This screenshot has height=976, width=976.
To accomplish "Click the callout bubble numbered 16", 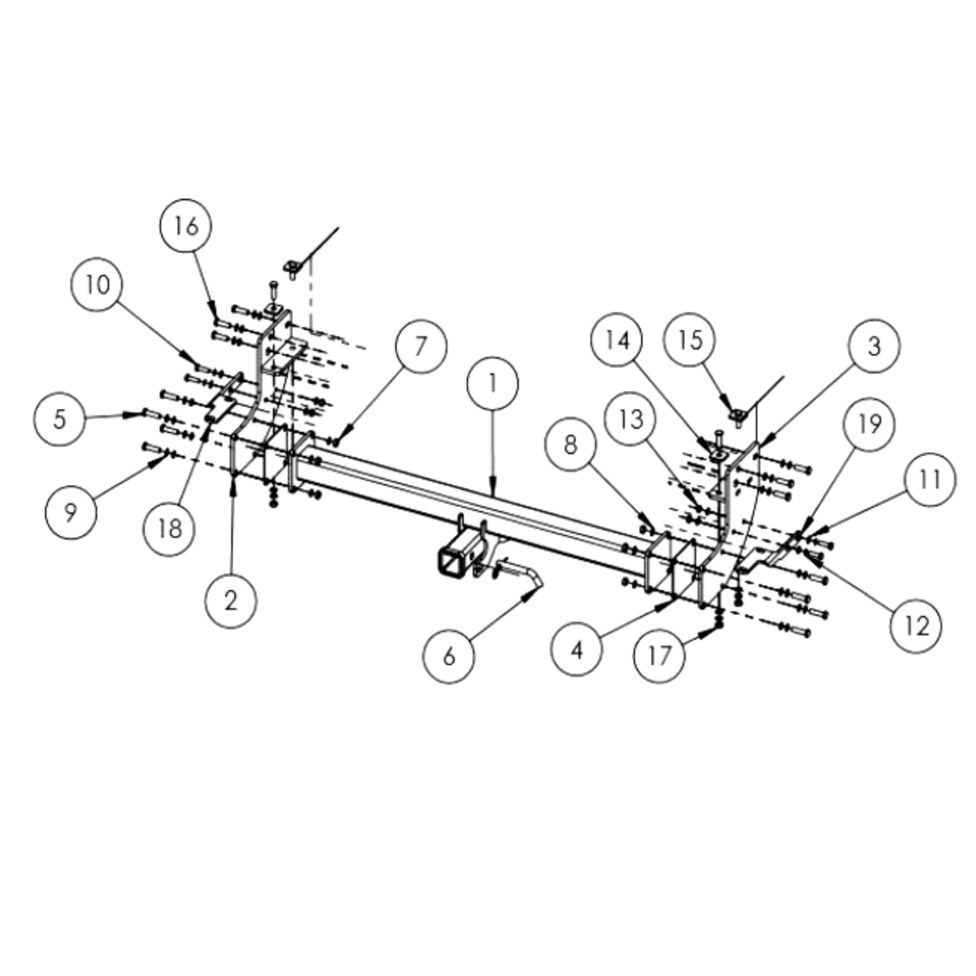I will (x=185, y=226).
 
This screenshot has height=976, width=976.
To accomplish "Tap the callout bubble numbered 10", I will (x=98, y=285).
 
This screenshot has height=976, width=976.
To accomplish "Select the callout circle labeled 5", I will (x=60, y=419).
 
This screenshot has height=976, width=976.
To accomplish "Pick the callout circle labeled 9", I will (x=71, y=513).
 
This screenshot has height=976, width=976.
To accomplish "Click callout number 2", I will (x=231, y=601).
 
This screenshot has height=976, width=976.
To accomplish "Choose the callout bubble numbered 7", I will (x=421, y=346).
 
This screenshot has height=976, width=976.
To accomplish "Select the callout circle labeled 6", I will (x=449, y=657).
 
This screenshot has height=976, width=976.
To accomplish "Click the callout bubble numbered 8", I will (x=570, y=446).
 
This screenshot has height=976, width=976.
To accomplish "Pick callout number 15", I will (x=690, y=339).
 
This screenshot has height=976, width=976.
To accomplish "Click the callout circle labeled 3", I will (x=874, y=346).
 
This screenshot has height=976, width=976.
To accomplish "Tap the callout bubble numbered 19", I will (x=869, y=423).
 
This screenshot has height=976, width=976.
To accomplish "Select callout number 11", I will (x=929, y=479).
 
